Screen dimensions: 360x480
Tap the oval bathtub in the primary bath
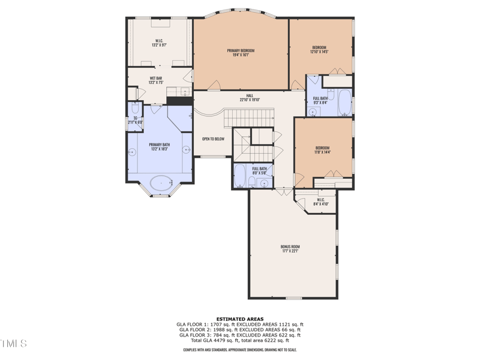[x=160, y=183]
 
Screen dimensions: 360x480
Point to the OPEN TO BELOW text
[x=213, y=139]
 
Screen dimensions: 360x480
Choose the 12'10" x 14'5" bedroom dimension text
[x=319, y=52]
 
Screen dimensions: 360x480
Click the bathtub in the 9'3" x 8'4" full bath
[x=345, y=103]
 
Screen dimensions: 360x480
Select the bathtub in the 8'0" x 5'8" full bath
[x=239, y=176]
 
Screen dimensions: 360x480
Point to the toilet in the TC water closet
[x=134, y=109]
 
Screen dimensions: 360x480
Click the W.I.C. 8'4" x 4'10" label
[x=320, y=202]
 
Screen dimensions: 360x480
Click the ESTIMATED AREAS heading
[x=239, y=319]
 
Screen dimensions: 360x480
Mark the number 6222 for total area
[x=271, y=340]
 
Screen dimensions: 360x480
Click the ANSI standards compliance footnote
[x=239, y=349]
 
